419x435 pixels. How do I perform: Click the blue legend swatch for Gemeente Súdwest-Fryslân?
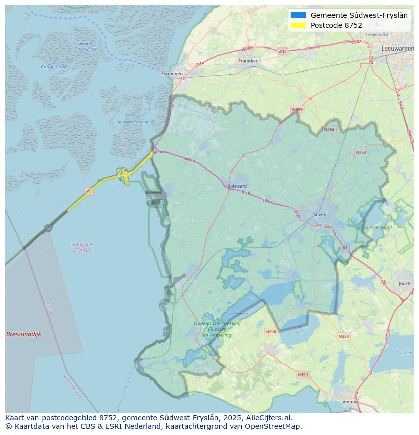(299, 15)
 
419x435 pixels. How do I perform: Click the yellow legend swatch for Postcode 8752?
(299, 25)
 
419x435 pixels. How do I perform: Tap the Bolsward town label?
(237, 186)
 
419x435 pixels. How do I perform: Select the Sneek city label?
(320, 214)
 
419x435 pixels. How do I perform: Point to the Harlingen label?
(172, 74)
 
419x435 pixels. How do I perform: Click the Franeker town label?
(248, 61)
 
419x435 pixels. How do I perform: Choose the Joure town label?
(404, 284)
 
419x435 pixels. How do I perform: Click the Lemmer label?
(349, 402)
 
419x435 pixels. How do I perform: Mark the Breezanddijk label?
(24, 334)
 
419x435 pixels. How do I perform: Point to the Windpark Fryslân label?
(82, 247)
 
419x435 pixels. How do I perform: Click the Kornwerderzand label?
(133, 122)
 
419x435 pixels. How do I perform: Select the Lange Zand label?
(54, 66)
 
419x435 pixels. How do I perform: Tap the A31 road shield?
(282, 52)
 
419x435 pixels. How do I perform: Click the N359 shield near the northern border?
(297, 110)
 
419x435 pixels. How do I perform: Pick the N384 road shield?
(329, 130)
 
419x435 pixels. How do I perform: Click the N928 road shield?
(271, 332)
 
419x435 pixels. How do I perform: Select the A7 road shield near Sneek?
(345, 248)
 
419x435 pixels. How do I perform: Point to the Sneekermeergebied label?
(374, 228)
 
